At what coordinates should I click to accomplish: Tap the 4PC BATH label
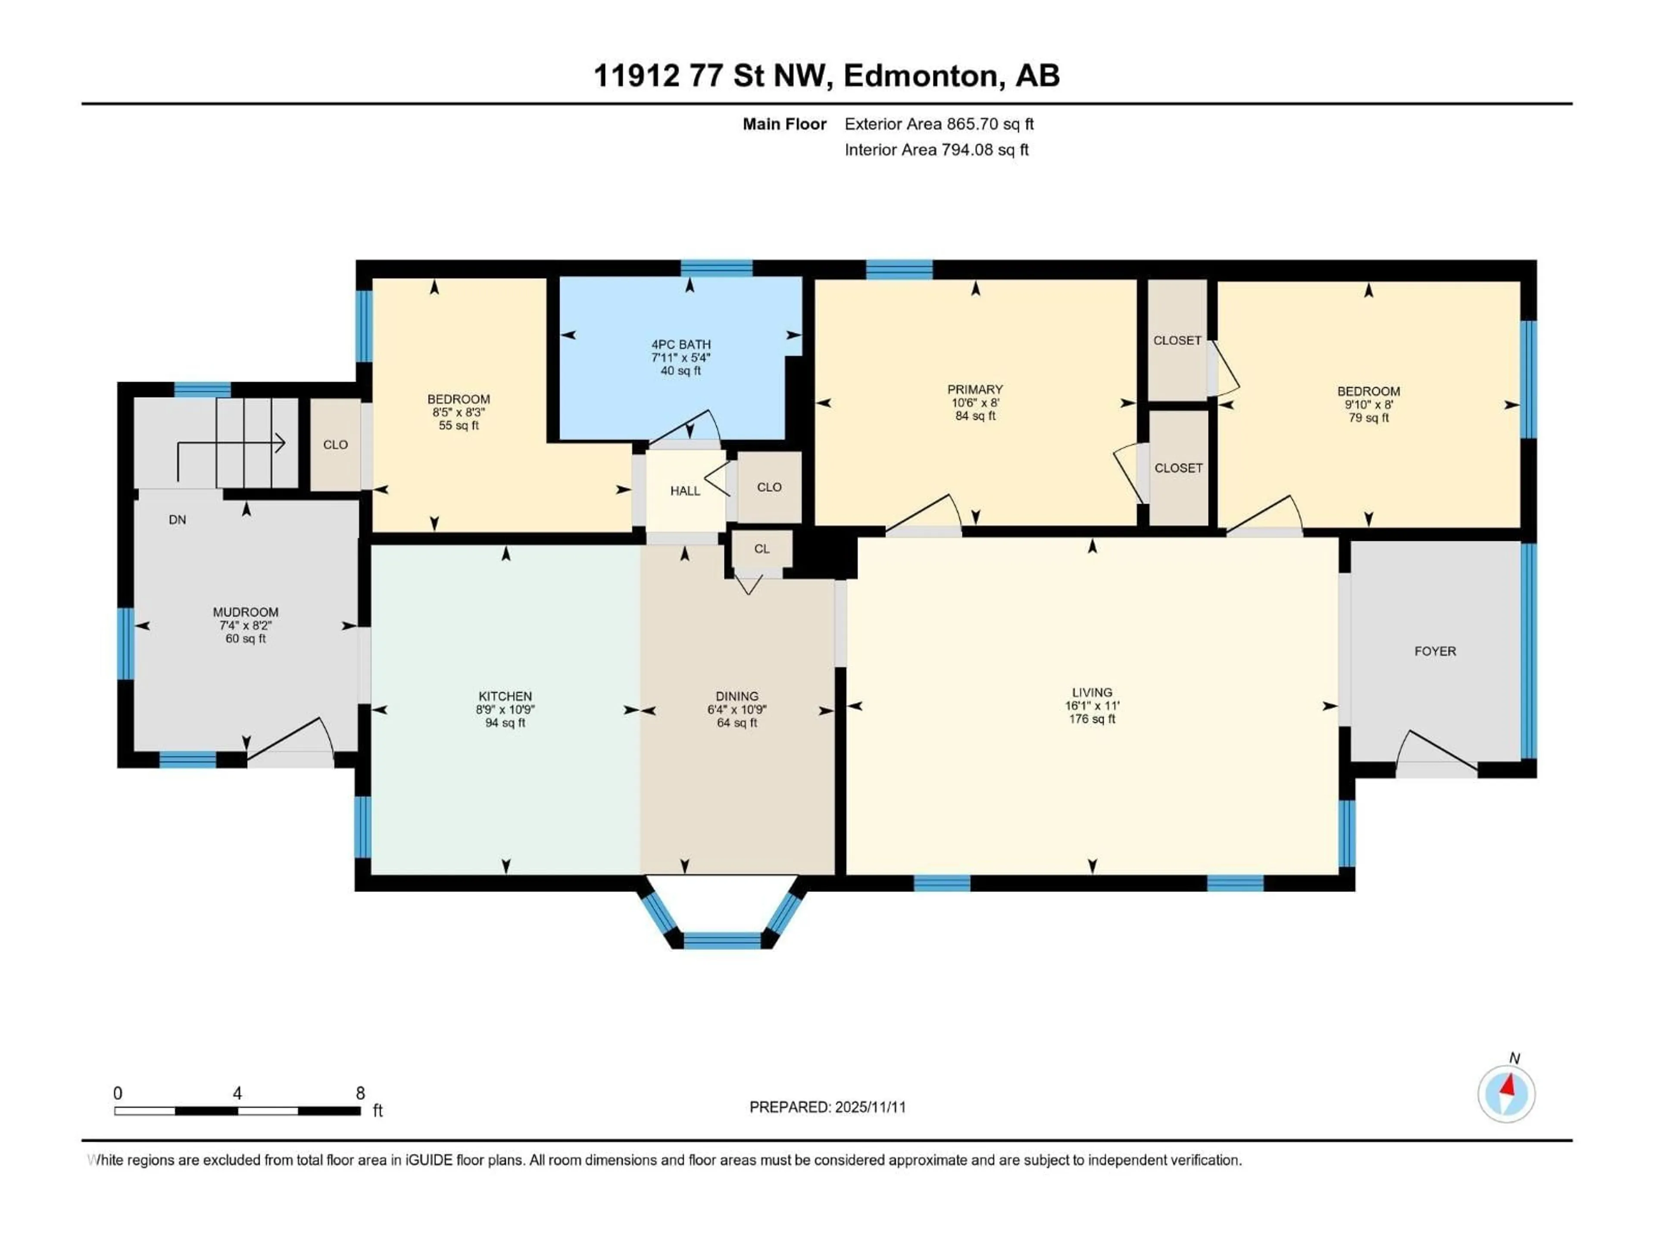[x=681, y=345]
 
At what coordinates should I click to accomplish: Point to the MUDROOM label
[x=245, y=612]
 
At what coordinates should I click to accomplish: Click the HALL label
[x=684, y=491]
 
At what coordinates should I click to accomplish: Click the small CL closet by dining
[x=762, y=549]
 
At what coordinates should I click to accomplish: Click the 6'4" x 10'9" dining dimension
[x=737, y=710]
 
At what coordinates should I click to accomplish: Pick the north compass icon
[x=1506, y=1094]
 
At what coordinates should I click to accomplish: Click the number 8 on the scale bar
[x=360, y=1093]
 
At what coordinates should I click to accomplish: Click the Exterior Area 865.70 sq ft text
[x=939, y=124]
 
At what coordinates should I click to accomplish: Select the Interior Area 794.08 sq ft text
[x=936, y=150]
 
